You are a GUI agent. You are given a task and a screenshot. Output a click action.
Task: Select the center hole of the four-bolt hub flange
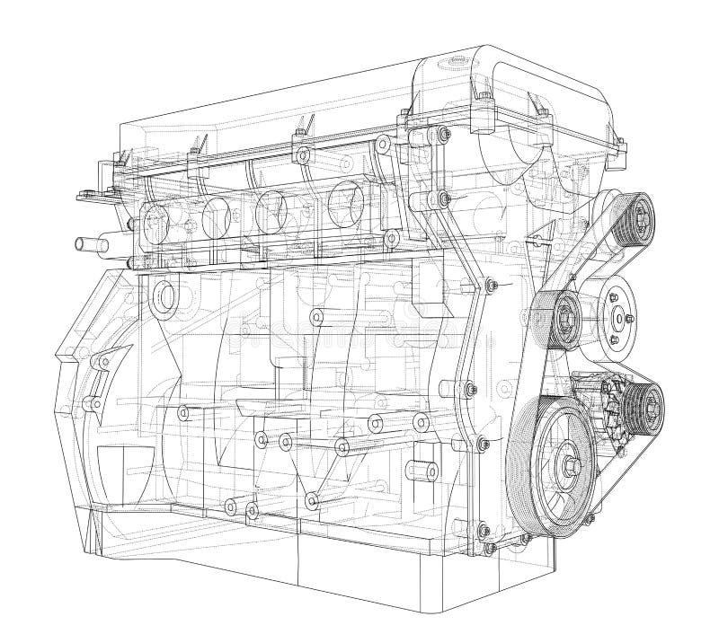coord(620,316)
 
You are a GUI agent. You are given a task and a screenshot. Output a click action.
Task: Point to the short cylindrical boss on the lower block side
coord(419,468)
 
